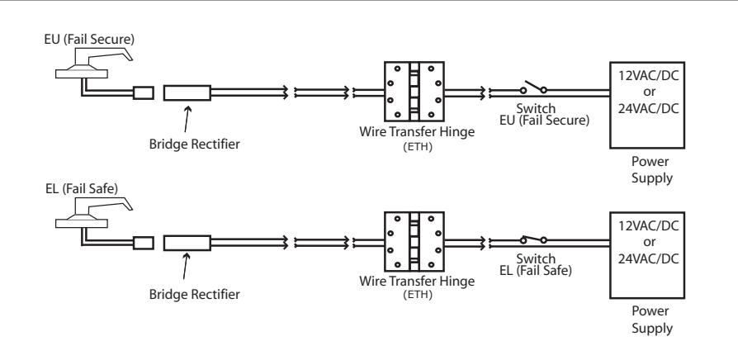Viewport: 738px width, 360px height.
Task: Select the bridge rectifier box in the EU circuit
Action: click(x=187, y=92)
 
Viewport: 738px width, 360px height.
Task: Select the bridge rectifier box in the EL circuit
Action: click(x=187, y=243)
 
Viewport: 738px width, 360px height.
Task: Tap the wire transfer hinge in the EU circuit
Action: click(x=414, y=92)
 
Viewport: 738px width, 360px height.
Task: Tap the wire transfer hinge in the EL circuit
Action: click(x=414, y=241)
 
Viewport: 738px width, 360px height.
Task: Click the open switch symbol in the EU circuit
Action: click(x=533, y=88)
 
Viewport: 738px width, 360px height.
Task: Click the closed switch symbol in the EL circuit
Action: click(x=533, y=239)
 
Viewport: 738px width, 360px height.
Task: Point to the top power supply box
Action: click(x=647, y=105)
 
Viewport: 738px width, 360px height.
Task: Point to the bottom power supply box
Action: click(x=647, y=255)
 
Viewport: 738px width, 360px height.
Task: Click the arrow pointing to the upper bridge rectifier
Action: click(x=187, y=119)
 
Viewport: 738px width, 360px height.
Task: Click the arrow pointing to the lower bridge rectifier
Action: click(x=187, y=267)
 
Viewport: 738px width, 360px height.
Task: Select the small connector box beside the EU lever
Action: click(x=144, y=92)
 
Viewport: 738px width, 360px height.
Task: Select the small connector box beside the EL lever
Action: click(x=144, y=243)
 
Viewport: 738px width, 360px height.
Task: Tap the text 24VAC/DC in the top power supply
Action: click(x=649, y=109)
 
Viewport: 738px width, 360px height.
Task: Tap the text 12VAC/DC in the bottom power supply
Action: click(x=649, y=226)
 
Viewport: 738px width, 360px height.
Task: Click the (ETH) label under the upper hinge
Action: click(x=418, y=146)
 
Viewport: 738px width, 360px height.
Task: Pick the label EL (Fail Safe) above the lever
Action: click(x=82, y=189)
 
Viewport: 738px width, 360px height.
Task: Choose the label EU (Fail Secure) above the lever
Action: click(x=89, y=40)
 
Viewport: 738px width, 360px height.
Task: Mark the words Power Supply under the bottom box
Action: click(x=652, y=320)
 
